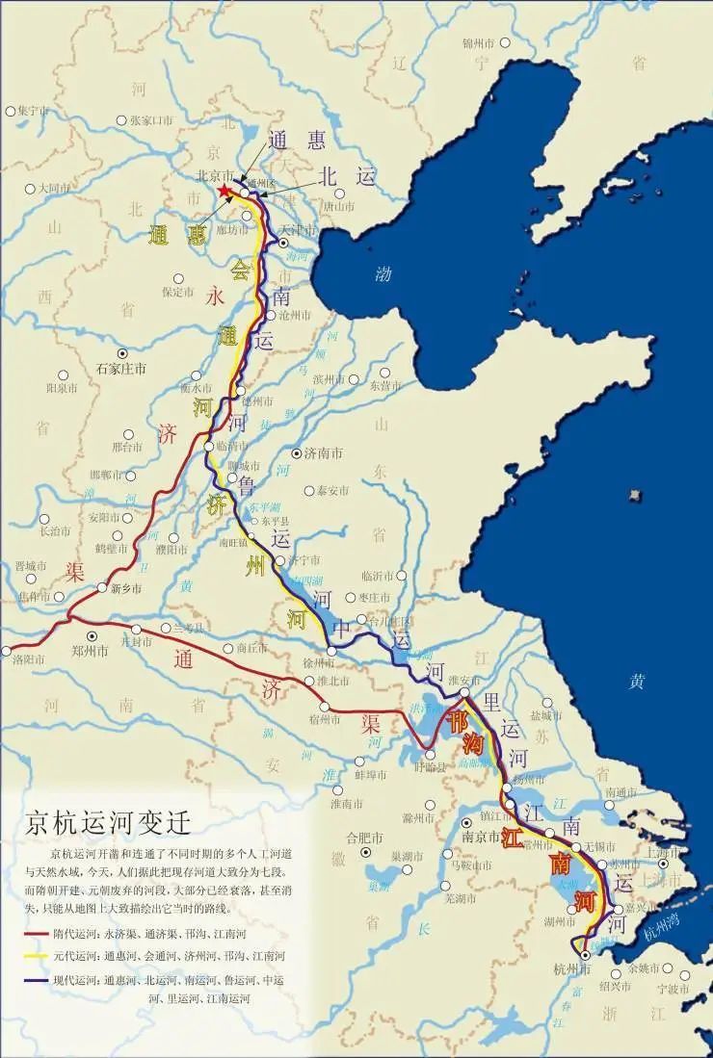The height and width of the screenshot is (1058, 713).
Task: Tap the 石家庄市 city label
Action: [x=121, y=369]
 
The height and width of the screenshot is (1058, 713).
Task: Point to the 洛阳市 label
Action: [x=30, y=659]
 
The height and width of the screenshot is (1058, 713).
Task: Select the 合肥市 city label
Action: [x=364, y=837]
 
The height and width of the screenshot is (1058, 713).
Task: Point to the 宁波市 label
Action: [x=672, y=988]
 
